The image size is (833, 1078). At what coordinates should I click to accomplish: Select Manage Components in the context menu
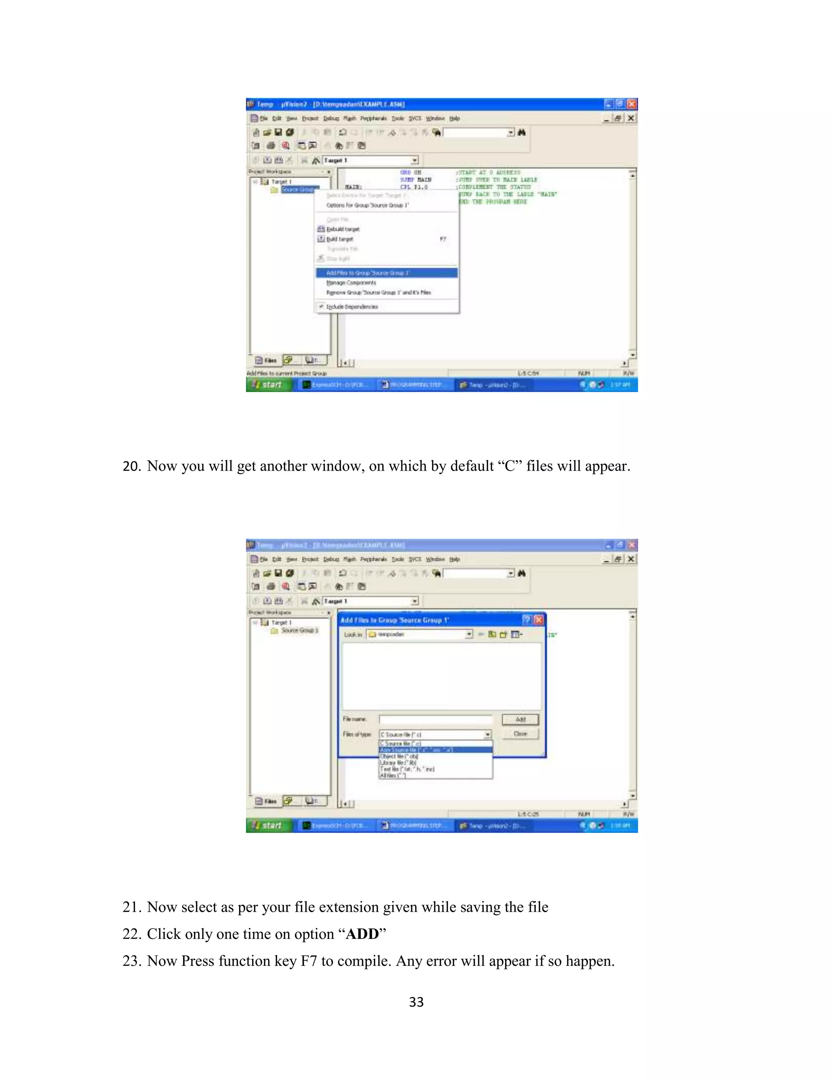(x=351, y=283)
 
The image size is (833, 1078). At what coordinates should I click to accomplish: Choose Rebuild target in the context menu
(x=342, y=229)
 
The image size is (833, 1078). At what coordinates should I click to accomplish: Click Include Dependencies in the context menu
(x=351, y=307)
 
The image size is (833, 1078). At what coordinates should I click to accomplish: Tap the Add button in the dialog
(x=520, y=720)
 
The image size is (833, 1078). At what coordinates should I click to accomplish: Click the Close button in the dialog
(x=520, y=734)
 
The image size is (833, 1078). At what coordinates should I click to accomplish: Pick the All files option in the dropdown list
(x=393, y=775)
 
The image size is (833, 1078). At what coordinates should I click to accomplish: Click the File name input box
(x=436, y=720)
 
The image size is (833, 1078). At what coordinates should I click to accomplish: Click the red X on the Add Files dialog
(x=539, y=620)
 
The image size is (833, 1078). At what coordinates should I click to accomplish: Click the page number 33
(x=416, y=1002)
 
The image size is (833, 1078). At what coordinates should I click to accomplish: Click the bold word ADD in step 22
(x=362, y=934)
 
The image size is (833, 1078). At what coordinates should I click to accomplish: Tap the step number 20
(x=132, y=466)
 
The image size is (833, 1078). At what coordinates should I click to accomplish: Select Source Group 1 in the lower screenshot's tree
(x=299, y=630)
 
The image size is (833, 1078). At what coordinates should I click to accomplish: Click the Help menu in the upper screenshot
(x=454, y=118)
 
